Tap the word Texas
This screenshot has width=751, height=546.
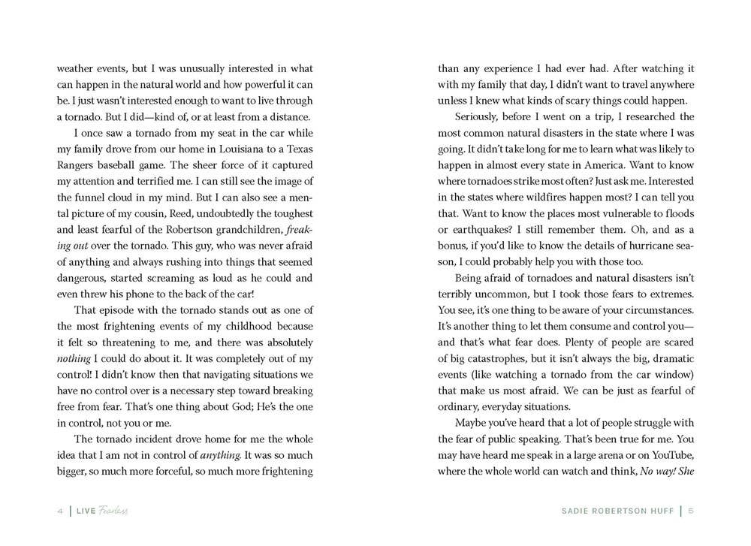pos(297,149)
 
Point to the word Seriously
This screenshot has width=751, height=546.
pos(481,116)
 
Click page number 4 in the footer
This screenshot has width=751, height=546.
pos(60,511)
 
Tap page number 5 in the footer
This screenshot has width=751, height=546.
pos(690,511)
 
